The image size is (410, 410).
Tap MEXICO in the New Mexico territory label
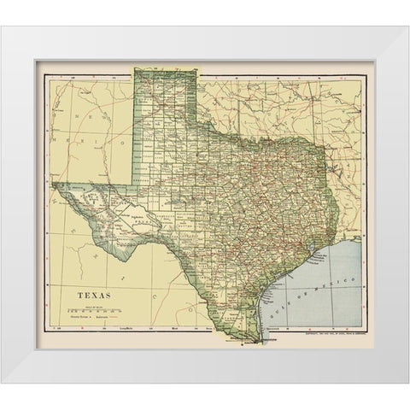(x=61, y=137)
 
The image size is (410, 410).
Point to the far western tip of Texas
(x=53, y=182)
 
